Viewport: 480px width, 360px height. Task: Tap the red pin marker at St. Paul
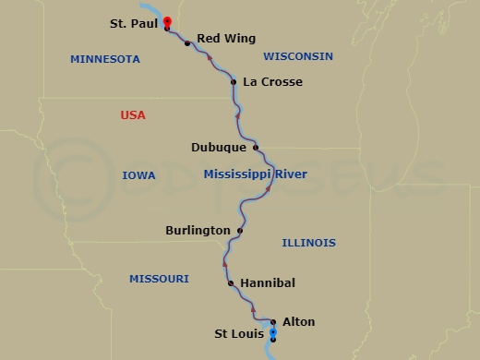click(x=166, y=21)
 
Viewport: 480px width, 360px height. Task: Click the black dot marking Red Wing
click(x=187, y=43)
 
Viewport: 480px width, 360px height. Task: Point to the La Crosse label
click(x=272, y=82)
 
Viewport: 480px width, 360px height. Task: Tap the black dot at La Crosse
click(x=234, y=82)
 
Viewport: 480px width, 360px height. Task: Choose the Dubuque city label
click(x=219, y=147)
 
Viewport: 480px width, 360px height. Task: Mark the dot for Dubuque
click(x=256, y=147)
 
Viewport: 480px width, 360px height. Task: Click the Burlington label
click(x=198, y=230)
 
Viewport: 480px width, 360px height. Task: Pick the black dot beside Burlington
click(x=240, y=230)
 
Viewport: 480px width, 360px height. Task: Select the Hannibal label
click(x=268, y=283)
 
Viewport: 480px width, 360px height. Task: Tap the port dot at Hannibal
click(x=231, y=283)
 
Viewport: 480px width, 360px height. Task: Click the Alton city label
click(x=298, y=322)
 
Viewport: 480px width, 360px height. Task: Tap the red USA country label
click(x=133, y=115)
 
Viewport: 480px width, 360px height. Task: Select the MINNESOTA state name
click(x=105, y=59)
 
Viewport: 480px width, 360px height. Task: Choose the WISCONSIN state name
click(x=297, y=56)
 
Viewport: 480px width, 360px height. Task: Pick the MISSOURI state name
click(x=159, y=278)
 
